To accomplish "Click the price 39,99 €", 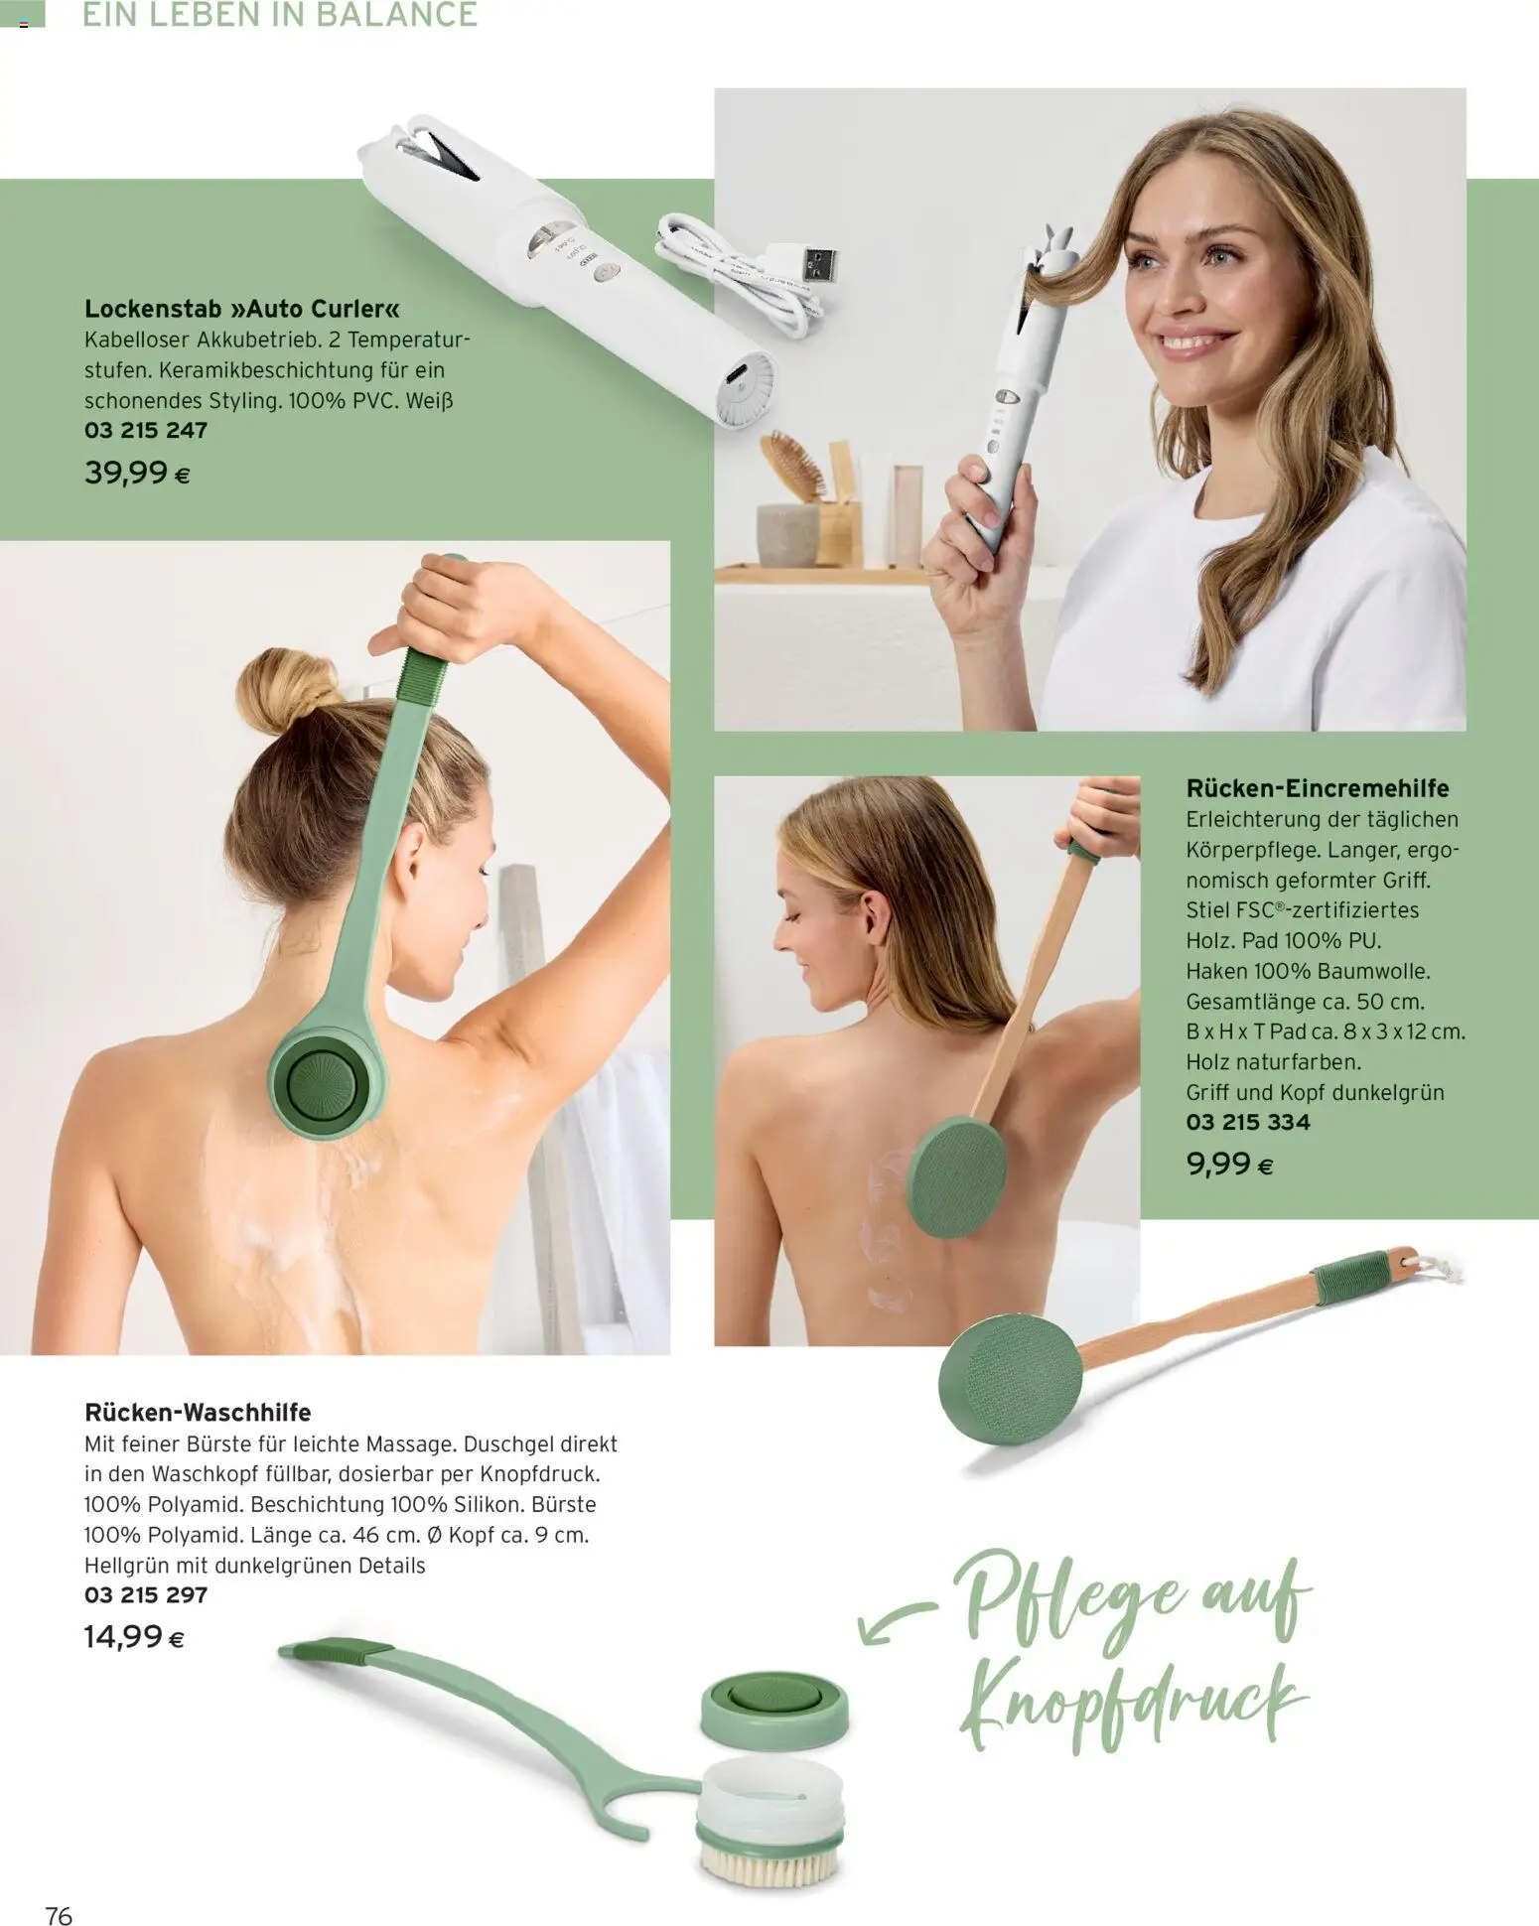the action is click(137, 473).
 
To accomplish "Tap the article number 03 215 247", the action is click(146, 430).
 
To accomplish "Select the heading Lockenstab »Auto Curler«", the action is click(242, 309).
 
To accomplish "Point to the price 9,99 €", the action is click(1229, 1164).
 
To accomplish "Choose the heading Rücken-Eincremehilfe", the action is click(1318, 788).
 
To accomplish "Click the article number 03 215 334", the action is click(1248, 1122).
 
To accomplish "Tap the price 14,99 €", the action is click(134, 1636).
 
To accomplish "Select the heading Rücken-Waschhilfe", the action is click(198, 1412).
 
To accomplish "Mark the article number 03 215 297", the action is click(146, 1594).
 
